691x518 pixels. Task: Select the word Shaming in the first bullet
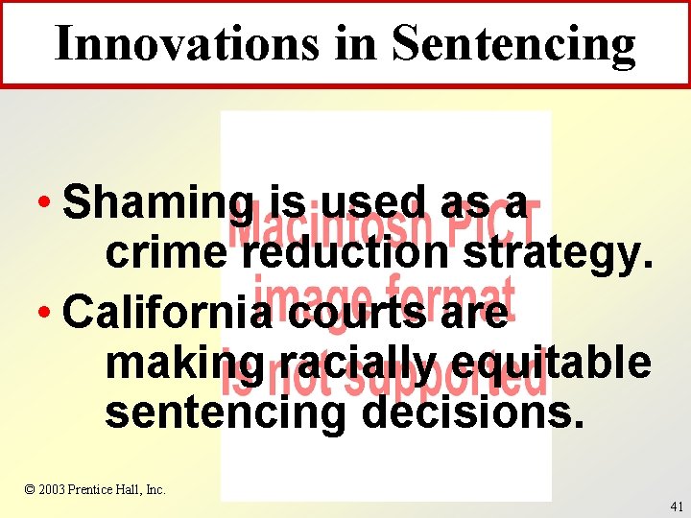pyautogui.click(x=157, y=203)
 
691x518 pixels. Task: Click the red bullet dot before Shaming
pyautogui.click(x=45, y=204)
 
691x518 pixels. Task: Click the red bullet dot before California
pyautogui.click(x=45, y=313)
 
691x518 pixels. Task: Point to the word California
pyautogui.click(x=167, y=312)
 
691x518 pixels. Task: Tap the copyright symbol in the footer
pyautogui.click(x=30, y=489)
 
